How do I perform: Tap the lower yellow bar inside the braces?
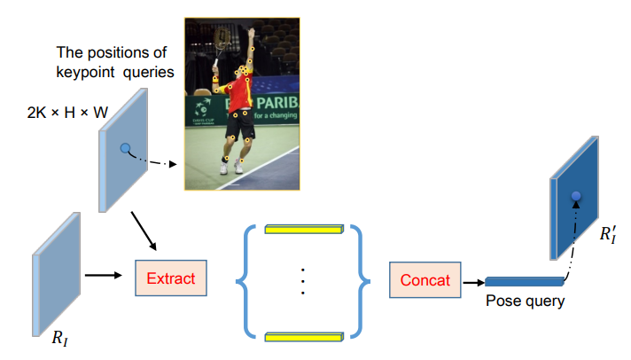pyautogui.click(x=302, y=334)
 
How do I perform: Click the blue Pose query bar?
pyautogui.click(x=524, y=282)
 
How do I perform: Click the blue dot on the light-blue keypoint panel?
pyautogui.click(x=126, y=148)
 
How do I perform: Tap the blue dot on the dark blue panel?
pyautogui.click(x=576, y=195)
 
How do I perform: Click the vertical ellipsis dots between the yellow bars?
pyautogui.click(x=302, y=281)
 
